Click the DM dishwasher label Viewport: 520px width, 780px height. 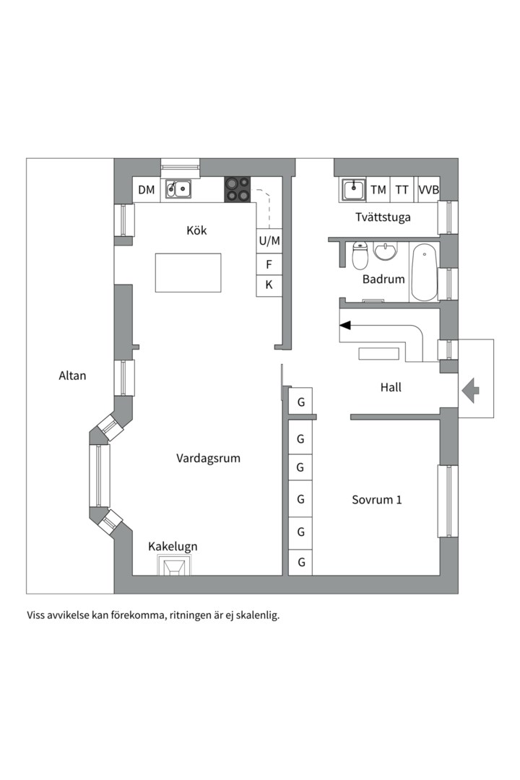pos(147,190)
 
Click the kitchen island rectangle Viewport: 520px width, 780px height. pos(188,272)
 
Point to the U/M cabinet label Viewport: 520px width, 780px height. pos(269,240)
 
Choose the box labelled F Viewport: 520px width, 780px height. pos(269,264)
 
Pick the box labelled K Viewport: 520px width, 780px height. pos(269,285)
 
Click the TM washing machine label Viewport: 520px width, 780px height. pos(378,190)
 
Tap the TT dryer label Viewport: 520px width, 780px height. pos(402,190)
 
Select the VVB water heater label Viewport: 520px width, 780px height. pos(428,190)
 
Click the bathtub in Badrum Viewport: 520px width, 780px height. pos(424,272)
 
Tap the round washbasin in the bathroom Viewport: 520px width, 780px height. pos(386,252)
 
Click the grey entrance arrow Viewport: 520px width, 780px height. pos(471,391)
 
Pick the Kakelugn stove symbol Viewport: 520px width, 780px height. pos(175,567)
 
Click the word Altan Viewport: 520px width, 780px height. pos(72,376)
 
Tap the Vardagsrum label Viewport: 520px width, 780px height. pos(208,458)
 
